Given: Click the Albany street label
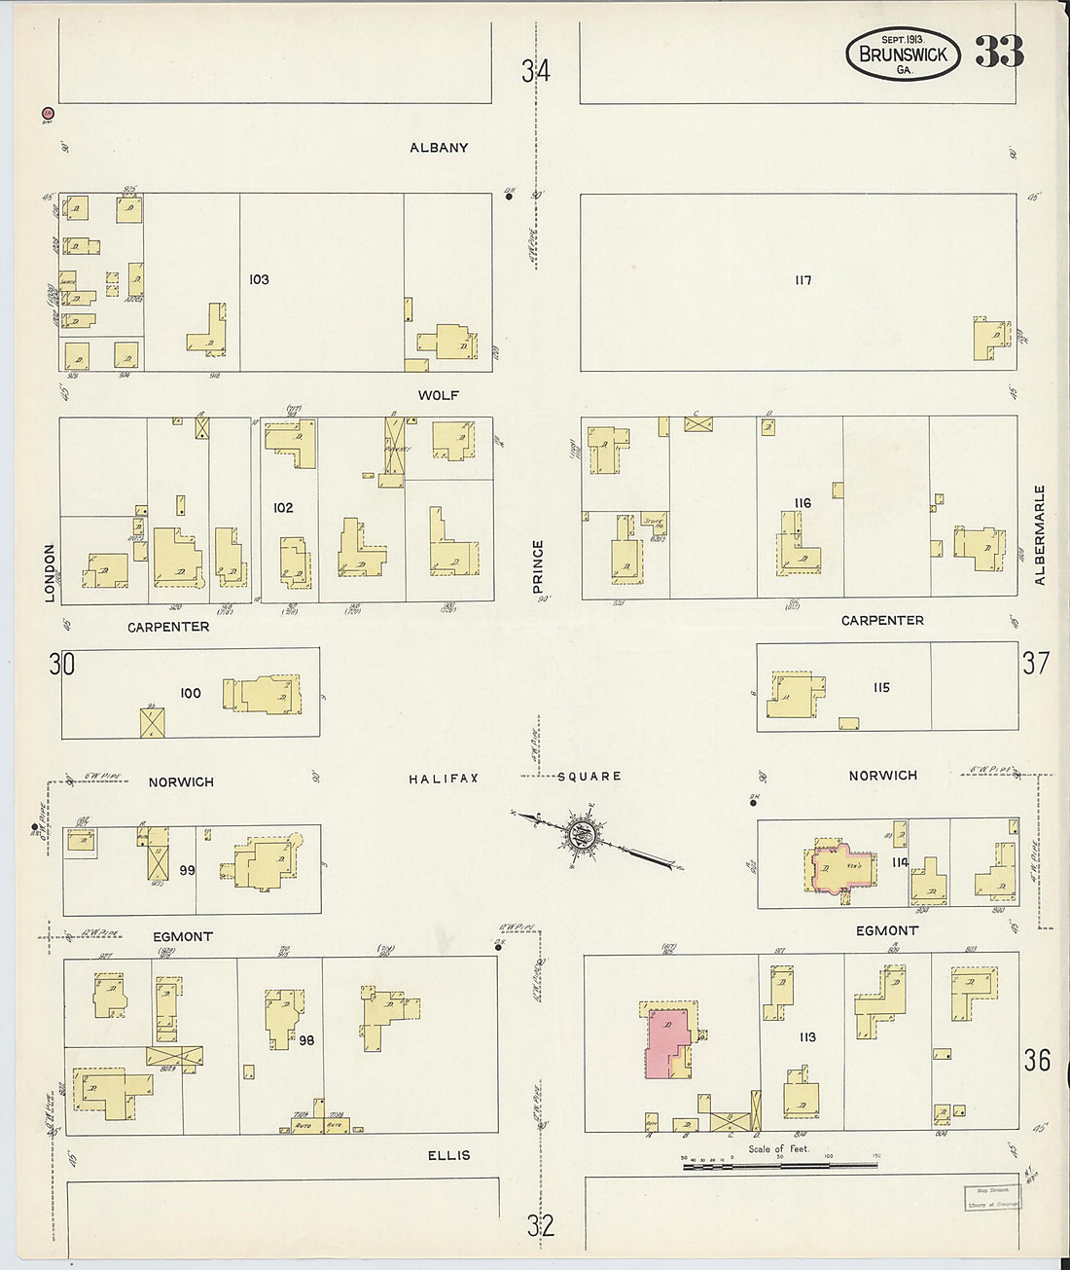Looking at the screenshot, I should tap(439, 148).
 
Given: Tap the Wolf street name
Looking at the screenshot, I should tap(439, 395).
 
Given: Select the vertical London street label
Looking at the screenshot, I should tap(51, 572).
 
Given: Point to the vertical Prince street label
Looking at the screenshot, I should tap(538, 566).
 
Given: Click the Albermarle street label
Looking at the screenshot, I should tap(1040, 534).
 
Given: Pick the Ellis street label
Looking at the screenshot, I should tap(448, 1155).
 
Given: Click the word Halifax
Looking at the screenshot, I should tap(444, 779).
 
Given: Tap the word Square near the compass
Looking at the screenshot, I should tap(589, 777).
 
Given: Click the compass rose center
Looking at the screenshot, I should tap(582, 834).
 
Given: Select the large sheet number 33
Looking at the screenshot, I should tap(999, 53).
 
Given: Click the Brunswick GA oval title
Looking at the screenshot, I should tap(903, 54).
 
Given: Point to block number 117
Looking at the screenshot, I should tap(802, 280).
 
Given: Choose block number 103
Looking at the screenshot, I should tap(259, 279).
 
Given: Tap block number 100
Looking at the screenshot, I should tap(191, 693).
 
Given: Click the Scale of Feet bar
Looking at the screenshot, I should tap(780, 1163).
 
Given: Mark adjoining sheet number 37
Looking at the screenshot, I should tap(1036, 663).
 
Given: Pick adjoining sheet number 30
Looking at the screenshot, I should tap(62, 665).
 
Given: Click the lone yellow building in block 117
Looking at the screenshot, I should tap(991, 339).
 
